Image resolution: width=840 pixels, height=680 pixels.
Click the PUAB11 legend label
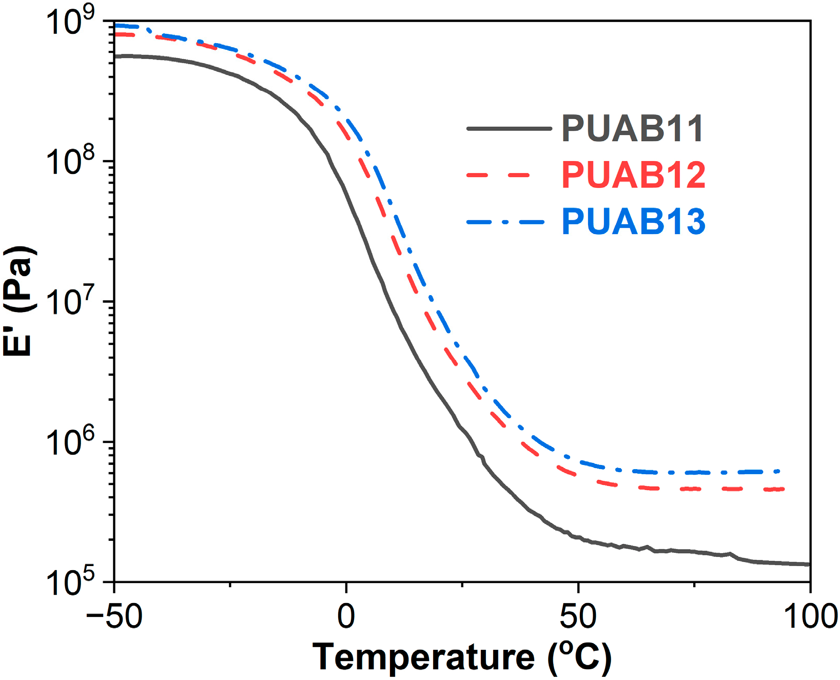pyautogui.click(x=633, y=128)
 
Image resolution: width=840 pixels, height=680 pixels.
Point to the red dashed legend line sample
pyautogui.click(x=498, y=175)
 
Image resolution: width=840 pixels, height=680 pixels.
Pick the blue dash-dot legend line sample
pyautogui.click(x=505, y=222)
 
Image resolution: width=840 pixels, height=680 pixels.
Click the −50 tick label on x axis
pyautogui.click(x=114, y=616)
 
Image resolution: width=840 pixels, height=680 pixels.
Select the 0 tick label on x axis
pyautogui.click(x=346, y=616)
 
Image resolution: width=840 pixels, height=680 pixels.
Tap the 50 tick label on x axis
pyautogui.click(x=578, y=616)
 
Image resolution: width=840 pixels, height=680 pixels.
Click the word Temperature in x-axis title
pyautogui.click(x=423, y=657)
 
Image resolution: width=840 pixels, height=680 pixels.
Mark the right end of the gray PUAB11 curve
pyautogui.click(x=809, y=564)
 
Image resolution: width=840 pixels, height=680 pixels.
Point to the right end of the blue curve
pyautogui.click(x=779, y=471)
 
